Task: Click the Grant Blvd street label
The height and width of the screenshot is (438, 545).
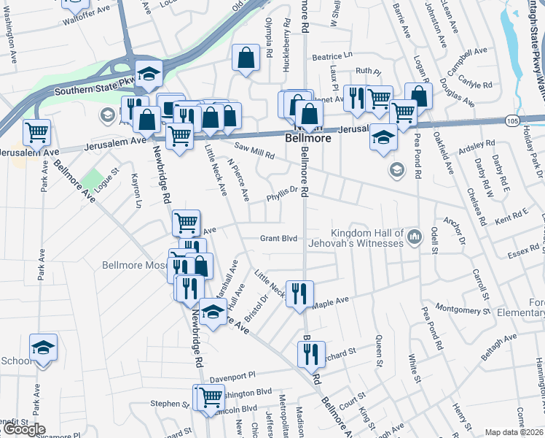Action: pyautogui.click(x=280, y=238)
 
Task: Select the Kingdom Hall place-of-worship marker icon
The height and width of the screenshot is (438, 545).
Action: pyautogui.click(x=415, y=237)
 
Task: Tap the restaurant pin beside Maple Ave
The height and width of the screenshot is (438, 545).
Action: pyautogui.click(x=299, y=294)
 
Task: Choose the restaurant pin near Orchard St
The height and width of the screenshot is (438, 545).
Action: pyautogui.click(x=311, y=355)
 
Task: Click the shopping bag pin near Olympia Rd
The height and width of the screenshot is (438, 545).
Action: pyautogui.click(x=246, y=58)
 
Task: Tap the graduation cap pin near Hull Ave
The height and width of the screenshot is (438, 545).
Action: pyautogui.click(x=212, y=312)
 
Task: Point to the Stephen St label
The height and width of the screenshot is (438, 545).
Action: pyautogui.click(x=169, y=404)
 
